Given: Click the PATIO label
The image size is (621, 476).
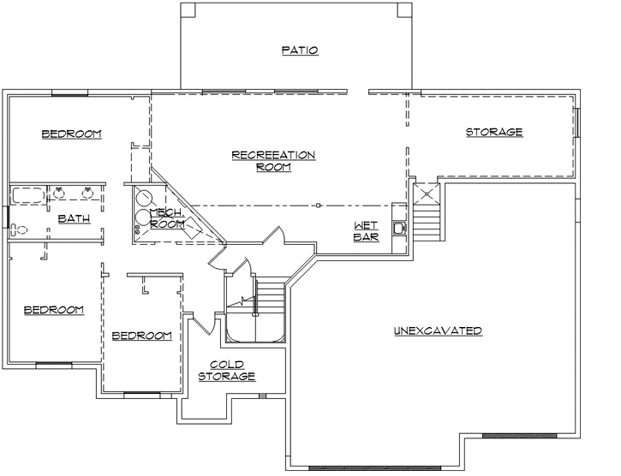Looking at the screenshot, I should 300,51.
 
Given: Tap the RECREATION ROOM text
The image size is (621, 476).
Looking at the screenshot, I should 273,161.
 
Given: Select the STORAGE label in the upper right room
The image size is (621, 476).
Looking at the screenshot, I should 494,132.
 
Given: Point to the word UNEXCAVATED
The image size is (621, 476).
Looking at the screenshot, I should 438,331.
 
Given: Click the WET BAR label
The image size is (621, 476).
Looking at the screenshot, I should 366,231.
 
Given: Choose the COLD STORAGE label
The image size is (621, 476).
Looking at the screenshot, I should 226,371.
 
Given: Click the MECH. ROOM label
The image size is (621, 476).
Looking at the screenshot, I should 167,218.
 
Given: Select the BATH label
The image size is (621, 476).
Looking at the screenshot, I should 75,219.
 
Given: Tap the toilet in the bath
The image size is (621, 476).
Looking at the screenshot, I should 19,229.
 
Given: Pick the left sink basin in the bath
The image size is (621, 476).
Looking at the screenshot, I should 59,193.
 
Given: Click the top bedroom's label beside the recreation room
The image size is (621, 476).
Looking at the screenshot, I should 72,134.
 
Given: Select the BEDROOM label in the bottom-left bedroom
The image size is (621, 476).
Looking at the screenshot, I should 53,310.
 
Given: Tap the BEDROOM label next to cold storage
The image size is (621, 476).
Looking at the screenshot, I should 141,336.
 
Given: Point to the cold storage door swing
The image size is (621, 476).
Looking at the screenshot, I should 203,324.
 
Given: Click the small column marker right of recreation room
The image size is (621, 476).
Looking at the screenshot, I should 317,205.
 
